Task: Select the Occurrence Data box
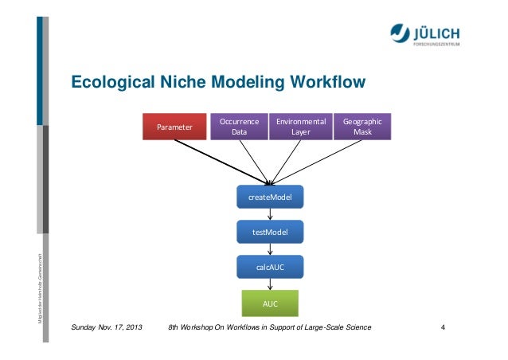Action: (x=239, y=127)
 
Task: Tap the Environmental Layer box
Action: (x=301, y=127)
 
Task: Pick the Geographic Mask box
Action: (x=362, y=127)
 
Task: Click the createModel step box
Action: (x=270, y=197)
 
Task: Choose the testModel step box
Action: (x=270, y=232)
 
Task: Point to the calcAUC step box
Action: (x=270, y=268)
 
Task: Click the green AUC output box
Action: (x=270, y=303)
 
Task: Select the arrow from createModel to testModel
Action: (x=270, y=214)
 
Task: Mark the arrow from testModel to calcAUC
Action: (x=270, y=249)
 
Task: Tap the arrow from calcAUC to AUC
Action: (x=270, y=285)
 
